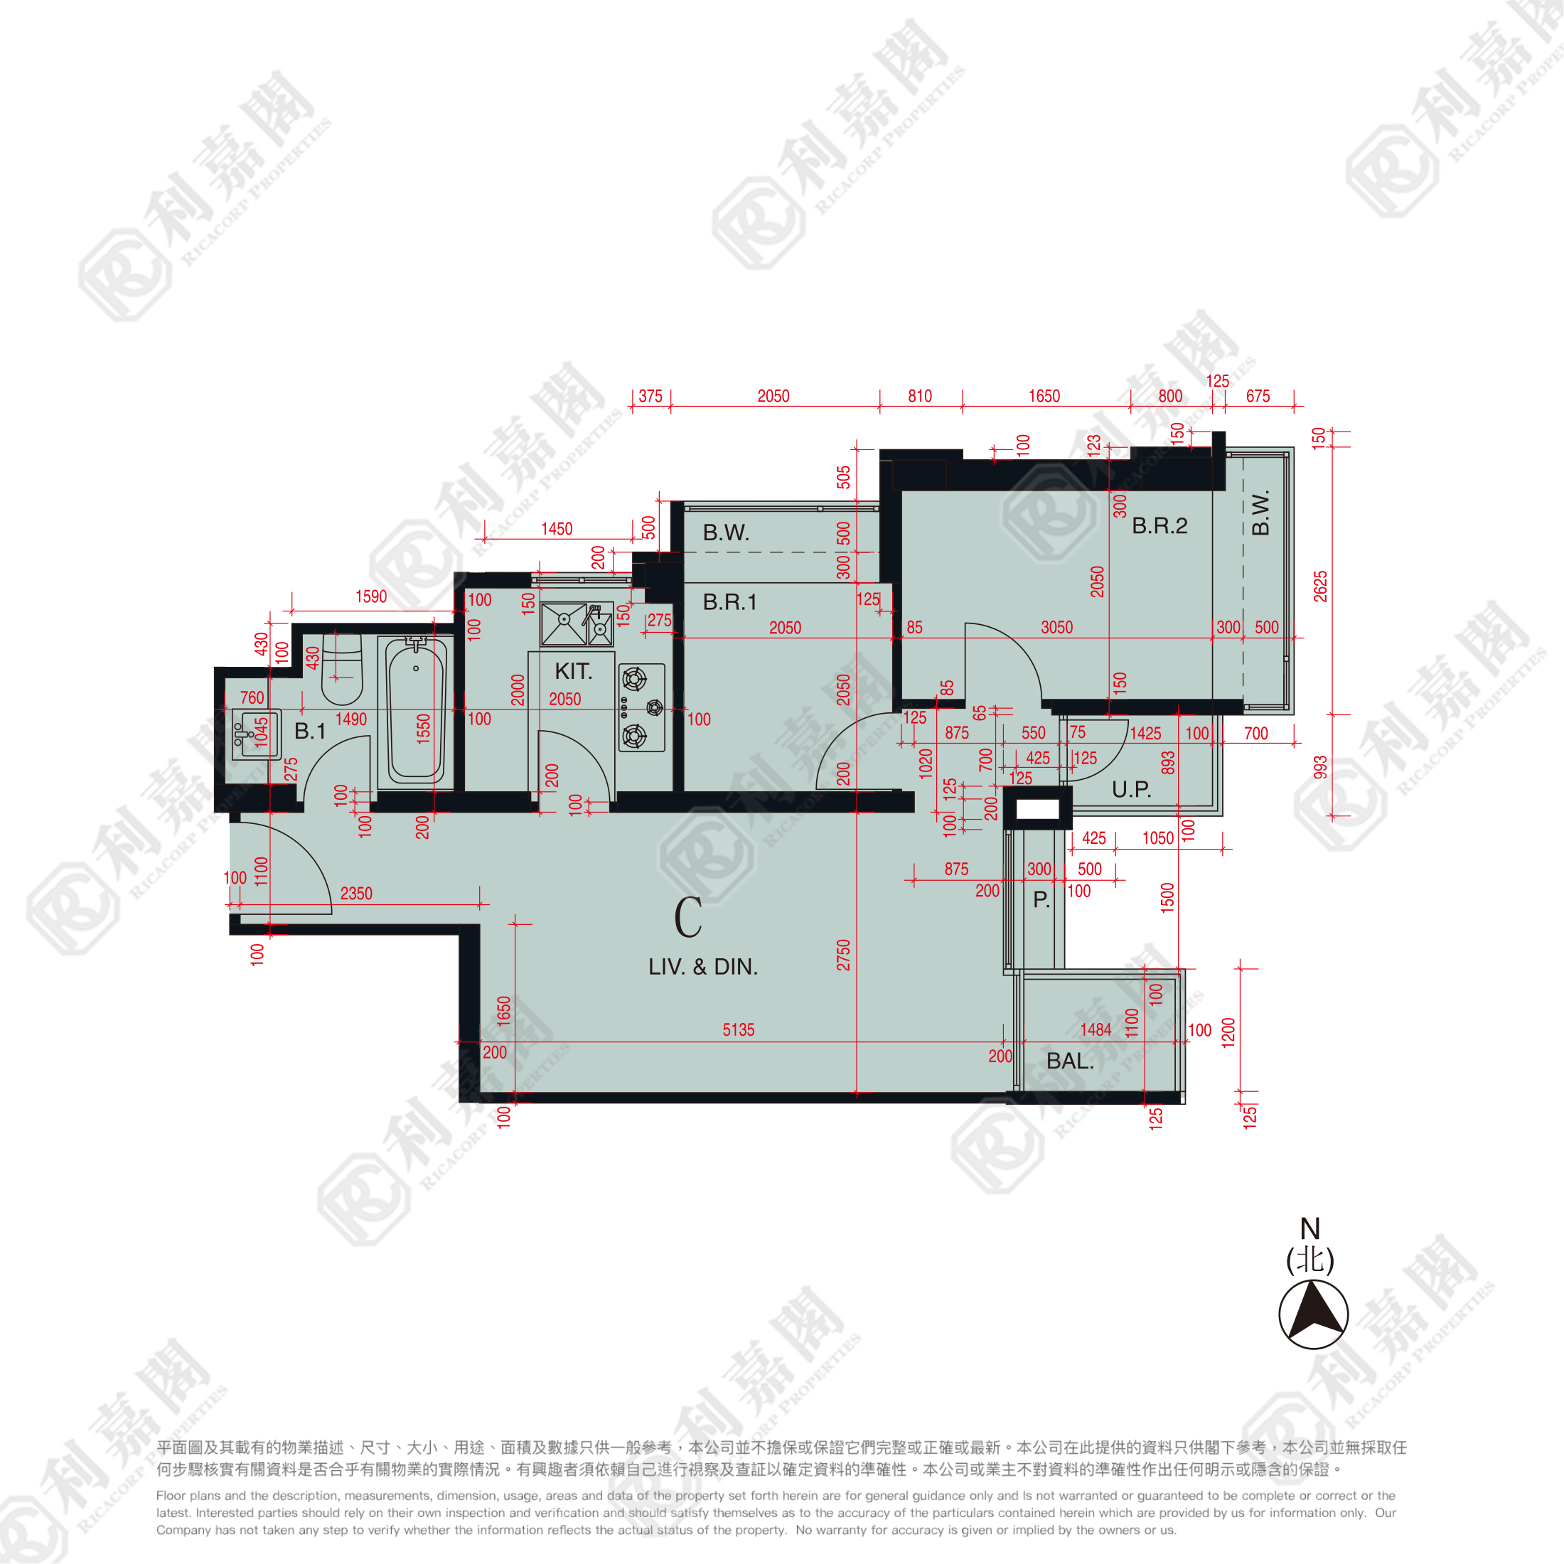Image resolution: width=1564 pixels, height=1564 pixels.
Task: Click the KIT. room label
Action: (x=573, y=671)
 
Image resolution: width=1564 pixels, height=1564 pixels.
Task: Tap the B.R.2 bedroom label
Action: (x=1159, y=526)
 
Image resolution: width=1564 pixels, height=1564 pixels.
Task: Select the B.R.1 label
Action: (x=729, y=602)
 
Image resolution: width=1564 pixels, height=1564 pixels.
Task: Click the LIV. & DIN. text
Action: (x=702, y=967)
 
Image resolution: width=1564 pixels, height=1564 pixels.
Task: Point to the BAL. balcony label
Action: (x=1069, y=1061)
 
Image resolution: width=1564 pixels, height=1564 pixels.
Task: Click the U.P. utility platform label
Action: (x=1131, y=789)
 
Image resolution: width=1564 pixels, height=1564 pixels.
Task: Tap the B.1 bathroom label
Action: (x=309, y=731)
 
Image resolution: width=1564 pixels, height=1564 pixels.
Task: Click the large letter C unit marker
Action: (x=688, y=917)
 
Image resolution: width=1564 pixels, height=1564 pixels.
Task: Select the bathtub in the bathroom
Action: (x=415, y=710)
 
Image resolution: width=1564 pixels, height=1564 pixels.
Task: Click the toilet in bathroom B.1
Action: (x=342, y=669)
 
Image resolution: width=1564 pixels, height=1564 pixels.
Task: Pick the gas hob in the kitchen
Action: (x=642, y=707)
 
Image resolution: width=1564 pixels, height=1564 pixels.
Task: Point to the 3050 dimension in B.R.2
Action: (x=1056, y=628)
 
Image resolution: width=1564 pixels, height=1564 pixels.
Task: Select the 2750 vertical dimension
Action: (x=844, y=955)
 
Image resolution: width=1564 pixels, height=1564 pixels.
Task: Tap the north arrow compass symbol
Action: (x=1313, y=1314)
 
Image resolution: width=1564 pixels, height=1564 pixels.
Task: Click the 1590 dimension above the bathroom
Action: (x=371, y=596)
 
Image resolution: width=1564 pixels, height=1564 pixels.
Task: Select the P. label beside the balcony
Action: (x=1041, y=899)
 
